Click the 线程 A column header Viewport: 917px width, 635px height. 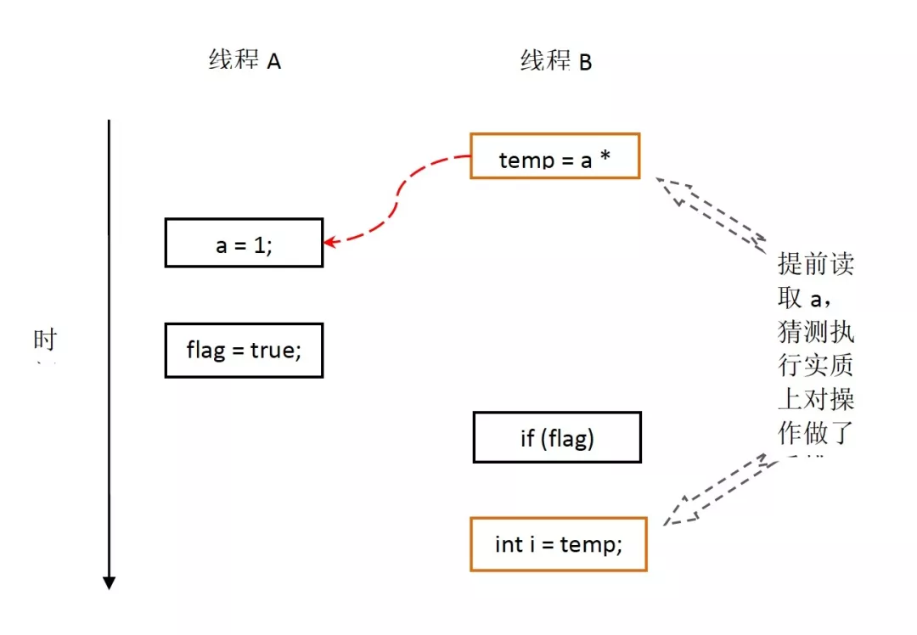(x=245, y=61)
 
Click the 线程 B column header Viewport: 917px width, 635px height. (x=556, y=61)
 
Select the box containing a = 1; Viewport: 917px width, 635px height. (x=244, y=243)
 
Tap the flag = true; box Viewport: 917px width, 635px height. (x=244, y=350)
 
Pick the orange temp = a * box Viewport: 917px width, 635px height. (x=554, y=156)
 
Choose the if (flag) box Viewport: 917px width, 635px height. (x=557, y=437)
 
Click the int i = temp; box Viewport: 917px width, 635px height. (x=558, y=544)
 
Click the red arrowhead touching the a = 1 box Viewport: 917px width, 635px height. (x=330, y=242)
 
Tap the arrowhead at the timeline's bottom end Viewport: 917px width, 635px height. (x=109, y=582)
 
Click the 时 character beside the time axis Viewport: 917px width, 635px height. (x=45, y=340)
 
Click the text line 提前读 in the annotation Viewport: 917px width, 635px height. (x=816, y=264)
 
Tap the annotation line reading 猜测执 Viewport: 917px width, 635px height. (x=816, y=332)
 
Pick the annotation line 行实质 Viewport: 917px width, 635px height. (x=816, y=366)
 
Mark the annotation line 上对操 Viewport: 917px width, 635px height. (x=816, y=400)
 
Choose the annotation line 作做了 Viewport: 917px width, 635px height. (x=816, y=434)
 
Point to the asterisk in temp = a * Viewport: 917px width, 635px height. (x=605, y=158)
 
